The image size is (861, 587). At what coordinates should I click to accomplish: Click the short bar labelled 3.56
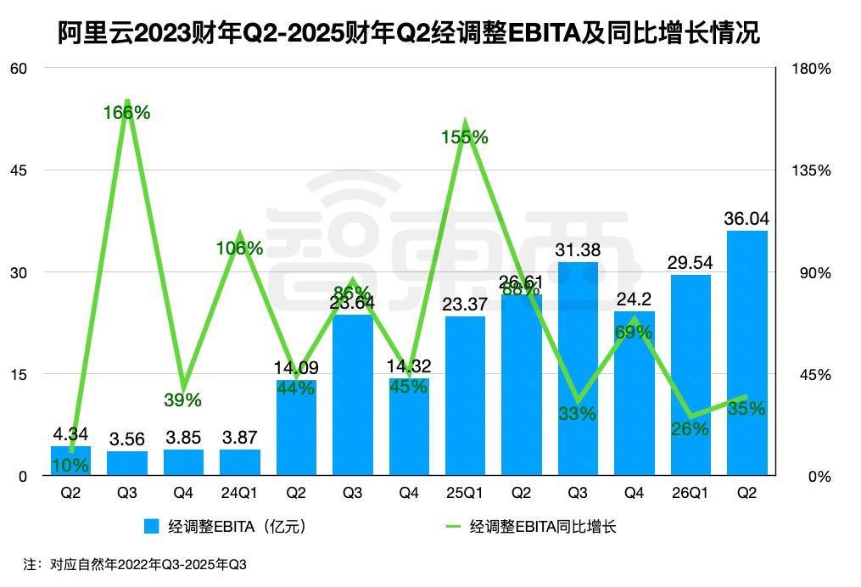[x=127, y=463]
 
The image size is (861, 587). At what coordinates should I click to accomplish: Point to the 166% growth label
[x=127, y=112]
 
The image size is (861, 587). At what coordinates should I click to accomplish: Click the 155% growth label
[x=465, y=137]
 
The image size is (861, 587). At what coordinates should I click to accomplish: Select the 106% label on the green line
[x=240, y=249]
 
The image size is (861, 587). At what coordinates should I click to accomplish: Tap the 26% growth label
[x=690, y=429]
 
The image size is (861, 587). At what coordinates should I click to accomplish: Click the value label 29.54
[x=690, y=264]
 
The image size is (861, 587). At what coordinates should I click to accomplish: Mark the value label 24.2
[x=634, y=299]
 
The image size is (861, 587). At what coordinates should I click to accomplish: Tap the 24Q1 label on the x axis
[x=240, y=493]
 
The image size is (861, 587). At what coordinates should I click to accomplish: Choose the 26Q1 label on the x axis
[x=690, y=493]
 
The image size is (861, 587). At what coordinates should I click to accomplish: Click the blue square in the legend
[x=152, y=527]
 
